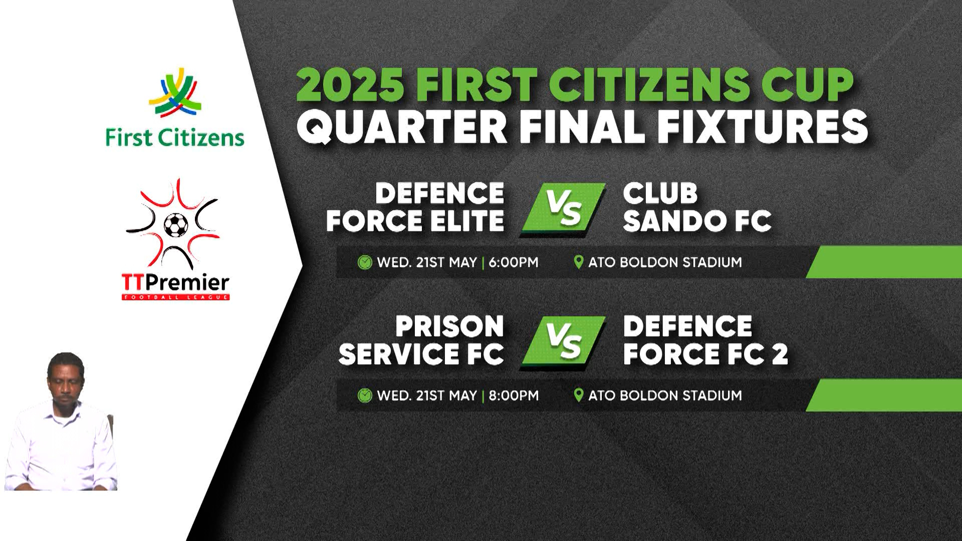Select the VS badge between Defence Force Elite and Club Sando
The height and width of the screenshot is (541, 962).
coord(563,208)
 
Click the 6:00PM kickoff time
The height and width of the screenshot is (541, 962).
coord(513,262)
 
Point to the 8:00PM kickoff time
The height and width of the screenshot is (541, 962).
coord(513,396)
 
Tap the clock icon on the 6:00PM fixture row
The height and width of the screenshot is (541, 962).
coord(365,262)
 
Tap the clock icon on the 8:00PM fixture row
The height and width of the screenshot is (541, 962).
coord(365,396)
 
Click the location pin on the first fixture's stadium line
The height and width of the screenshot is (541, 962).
coord(578,262)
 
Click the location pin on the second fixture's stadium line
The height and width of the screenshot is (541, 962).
coord(578,395)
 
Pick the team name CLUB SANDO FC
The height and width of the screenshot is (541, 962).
coord(696,208)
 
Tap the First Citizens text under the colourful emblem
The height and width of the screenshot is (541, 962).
coord(174,138)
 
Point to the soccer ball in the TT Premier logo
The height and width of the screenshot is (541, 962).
coord(176,225)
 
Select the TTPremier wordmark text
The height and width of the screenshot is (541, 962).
coord(175,284)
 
